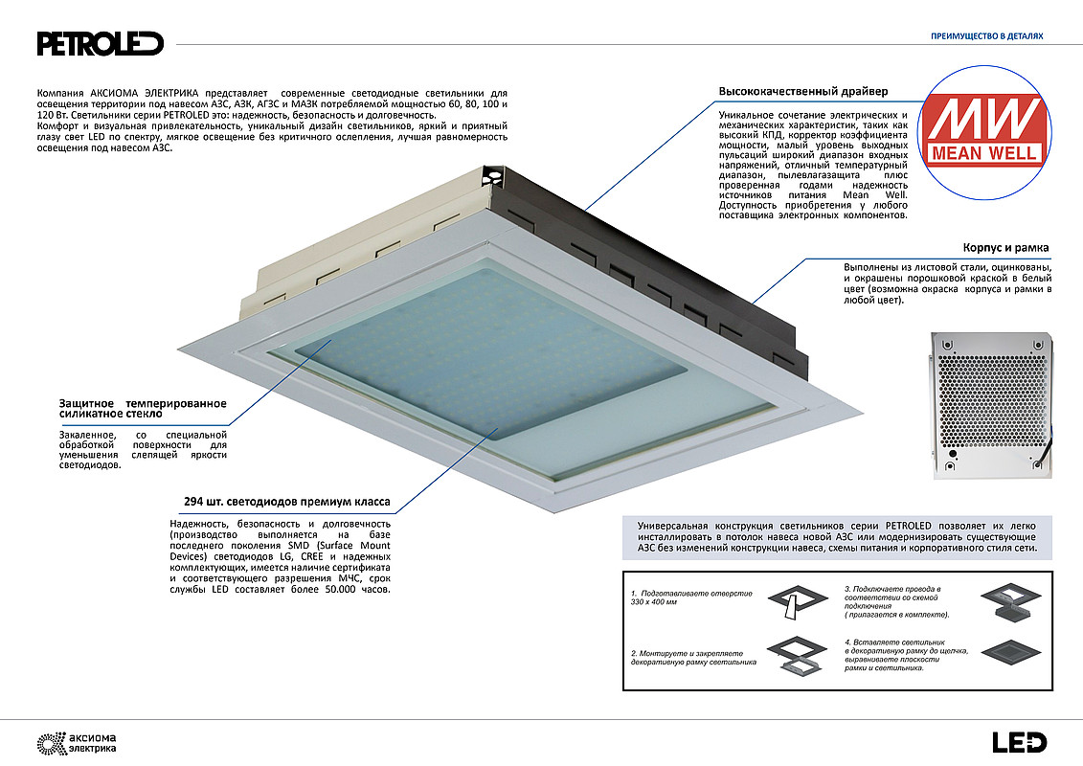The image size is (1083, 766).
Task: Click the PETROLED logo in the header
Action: [100, 43]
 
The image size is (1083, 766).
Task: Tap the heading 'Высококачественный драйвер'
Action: [802, 92]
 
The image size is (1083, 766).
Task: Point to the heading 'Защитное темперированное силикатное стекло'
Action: [143, 409]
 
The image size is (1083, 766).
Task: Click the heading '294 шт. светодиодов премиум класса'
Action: [286, 502]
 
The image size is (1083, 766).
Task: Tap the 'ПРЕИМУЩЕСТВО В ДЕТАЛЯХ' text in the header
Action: [986, 36]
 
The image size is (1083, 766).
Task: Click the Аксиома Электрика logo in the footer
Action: [76, 742]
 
